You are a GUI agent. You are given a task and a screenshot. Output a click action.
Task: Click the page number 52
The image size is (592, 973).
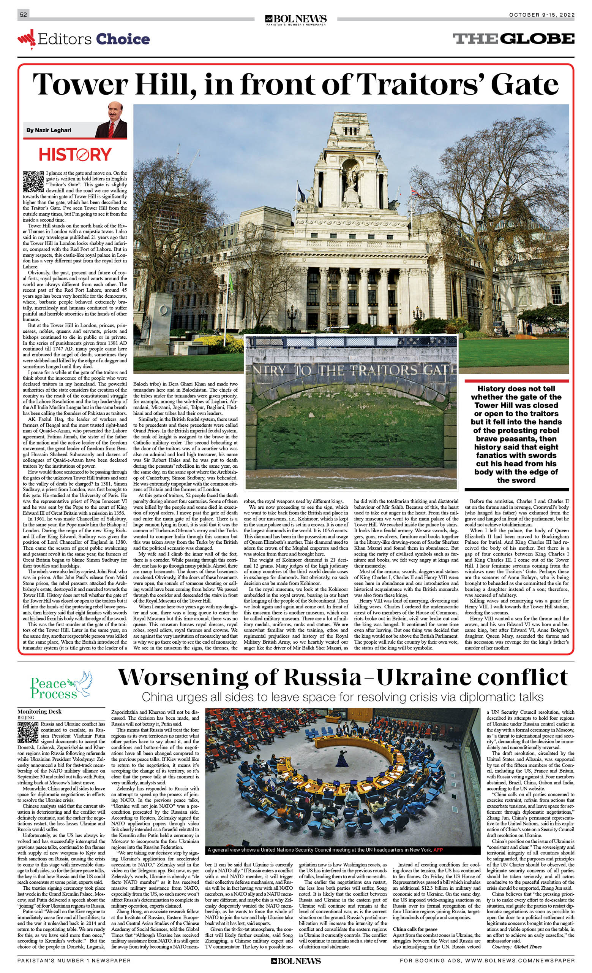[x=23, y=14]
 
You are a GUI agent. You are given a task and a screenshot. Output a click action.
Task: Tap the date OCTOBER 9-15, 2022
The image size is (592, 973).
[x=541, y=15]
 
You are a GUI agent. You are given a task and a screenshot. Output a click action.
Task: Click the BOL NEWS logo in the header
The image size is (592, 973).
[x=296, y=19]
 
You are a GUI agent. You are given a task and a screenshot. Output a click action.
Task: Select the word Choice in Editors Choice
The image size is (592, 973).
[x=123, y=39]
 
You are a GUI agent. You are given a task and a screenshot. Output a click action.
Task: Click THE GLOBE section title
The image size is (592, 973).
[x=513, y=39]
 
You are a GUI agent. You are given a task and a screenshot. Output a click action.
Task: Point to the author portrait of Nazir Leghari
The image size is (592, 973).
[x=111, y=121]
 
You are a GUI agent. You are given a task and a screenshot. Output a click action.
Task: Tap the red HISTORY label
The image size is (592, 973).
[x=75, y=154]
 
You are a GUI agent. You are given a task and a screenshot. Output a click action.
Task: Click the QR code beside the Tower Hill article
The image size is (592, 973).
[x=33, y=181]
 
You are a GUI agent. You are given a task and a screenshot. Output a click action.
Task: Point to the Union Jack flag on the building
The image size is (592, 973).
[x=415, y=192]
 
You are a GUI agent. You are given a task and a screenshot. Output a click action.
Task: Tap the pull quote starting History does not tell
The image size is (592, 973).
[x=516, y=434]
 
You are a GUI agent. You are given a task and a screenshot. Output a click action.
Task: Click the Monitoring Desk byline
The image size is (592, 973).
[x=39, y=711]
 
